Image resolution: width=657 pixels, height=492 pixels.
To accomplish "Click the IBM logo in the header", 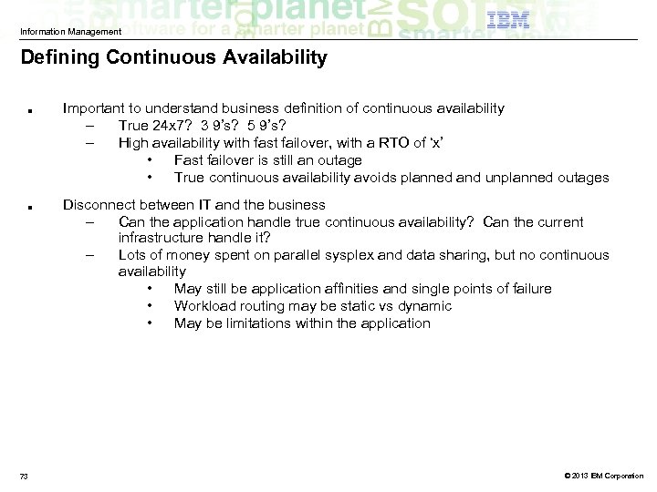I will tap(509, 21).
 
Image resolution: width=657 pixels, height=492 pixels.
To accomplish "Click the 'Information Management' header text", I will tap(70, 32).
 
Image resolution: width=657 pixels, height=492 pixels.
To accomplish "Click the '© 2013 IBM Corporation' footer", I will tap(603, 476).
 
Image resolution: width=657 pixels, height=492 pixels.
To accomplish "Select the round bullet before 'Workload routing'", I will tap(148, 306).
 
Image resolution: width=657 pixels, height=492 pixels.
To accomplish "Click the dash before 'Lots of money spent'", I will tap(91, 255).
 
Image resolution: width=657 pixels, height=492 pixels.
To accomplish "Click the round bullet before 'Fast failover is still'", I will tap(148, 160).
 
